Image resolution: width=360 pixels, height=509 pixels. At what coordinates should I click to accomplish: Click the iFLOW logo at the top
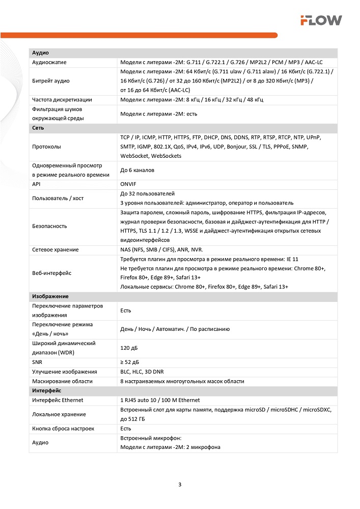[320, 20]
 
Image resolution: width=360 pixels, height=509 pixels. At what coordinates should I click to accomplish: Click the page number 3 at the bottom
[180, 484]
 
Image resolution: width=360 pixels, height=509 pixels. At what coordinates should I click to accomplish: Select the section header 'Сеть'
[38, 128]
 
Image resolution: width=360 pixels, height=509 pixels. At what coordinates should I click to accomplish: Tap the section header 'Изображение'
[50, 296]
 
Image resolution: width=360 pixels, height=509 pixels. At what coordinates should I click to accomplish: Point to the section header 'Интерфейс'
[47, 390]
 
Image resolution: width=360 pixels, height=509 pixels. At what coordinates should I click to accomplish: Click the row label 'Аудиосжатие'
[49, 62]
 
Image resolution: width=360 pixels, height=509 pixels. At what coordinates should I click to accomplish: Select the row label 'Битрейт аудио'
[51, 81]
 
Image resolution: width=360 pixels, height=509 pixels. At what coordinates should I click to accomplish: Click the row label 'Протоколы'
[46, 147]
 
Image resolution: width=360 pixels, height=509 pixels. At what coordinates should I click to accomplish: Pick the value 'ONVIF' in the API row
[128, 184]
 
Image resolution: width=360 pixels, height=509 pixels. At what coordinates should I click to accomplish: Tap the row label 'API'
[37, 184]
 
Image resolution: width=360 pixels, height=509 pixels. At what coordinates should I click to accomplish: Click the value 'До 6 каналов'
[137, 170]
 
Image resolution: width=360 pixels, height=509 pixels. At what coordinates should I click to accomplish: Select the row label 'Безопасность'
[49, 226]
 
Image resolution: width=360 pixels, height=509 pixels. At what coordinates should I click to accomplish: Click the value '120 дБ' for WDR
[129, 348]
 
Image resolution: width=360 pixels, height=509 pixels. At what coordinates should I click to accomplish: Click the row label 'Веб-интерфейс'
[51, 273]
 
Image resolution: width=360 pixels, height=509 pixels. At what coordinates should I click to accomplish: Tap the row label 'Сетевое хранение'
[55, 249]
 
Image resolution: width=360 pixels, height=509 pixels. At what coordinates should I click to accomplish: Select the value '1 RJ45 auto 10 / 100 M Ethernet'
[160, 400]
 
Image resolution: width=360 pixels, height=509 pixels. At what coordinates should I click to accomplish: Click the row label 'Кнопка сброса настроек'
[63, 429]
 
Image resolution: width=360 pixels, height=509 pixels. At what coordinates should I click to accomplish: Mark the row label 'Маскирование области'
[62, 381]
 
